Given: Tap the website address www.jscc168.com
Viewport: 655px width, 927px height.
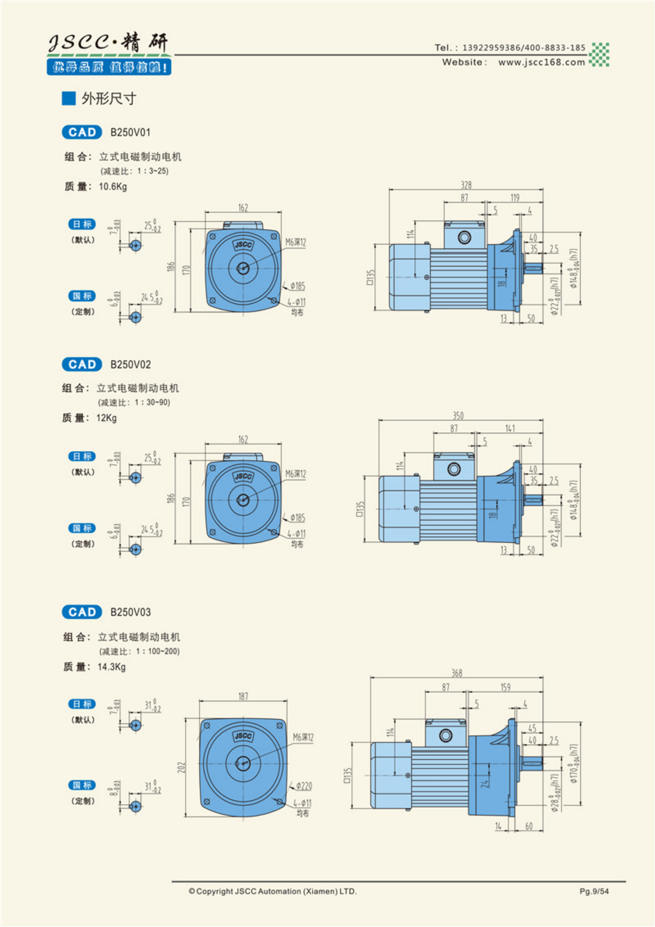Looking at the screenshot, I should (x=541, y=62).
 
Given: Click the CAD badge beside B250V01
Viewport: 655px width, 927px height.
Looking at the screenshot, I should (x=82, y=132).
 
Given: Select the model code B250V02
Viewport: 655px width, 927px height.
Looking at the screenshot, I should (x=130, y=365).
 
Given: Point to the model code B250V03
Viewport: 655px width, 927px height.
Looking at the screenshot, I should (x=130, y=612).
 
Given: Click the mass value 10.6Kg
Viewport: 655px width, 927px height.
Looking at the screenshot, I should (x=113, y=186).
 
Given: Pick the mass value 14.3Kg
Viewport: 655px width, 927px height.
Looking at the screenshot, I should (x=111, y=667).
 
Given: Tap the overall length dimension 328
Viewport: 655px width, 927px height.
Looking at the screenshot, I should (x=466, y=185).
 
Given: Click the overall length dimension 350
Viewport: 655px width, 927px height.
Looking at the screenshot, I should (x=458, y=416).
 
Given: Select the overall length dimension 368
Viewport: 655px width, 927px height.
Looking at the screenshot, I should (x=456, y=673).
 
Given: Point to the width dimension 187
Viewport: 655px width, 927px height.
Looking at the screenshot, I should (x=243, y=696).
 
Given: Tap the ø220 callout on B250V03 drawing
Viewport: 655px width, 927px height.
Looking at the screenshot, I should (x=304, y=786).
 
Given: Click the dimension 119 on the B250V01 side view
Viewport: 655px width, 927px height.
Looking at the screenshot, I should (x=515, y=198).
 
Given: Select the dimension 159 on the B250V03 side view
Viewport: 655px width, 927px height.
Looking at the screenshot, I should (x=505, y=687).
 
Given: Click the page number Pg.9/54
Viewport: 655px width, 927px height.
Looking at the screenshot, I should (x=594, y=891).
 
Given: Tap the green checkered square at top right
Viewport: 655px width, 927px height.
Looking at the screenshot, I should (x=599, y=55).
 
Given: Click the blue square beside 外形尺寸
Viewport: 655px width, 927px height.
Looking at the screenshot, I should (x=69, y=98).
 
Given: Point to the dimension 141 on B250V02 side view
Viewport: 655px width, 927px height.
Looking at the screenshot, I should (x=510, y=428).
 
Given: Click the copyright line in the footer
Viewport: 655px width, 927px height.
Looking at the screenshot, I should (x=273, y=891).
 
